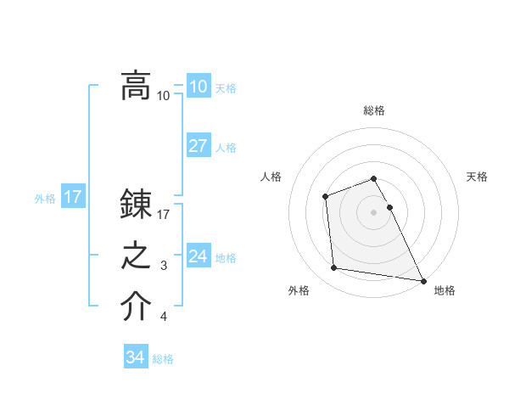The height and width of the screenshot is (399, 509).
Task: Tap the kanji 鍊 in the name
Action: pos(136,205)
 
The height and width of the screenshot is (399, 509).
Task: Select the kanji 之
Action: pos(136,256)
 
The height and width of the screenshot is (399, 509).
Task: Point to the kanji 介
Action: pos(136,307)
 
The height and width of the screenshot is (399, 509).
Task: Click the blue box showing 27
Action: pos(198,146)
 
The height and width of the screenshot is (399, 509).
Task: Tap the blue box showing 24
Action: pos(198,256)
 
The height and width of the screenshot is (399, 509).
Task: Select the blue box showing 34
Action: pos(135,358)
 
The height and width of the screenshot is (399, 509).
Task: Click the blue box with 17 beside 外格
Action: pos(73,198)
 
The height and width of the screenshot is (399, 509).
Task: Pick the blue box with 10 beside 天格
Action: pos(198,87)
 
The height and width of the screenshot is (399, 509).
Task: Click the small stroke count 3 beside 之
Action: pos(164,267)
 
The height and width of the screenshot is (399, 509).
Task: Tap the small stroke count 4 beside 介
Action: pos(164,318)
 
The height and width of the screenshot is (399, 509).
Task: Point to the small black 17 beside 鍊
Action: pos(164,215)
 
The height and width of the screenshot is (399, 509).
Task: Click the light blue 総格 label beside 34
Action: pos(163,359)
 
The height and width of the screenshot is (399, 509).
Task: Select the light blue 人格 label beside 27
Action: pos(226,148)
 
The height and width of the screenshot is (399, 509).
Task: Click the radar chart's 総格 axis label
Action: pos(373,111)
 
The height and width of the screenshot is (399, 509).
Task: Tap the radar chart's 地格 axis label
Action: pos(445,291)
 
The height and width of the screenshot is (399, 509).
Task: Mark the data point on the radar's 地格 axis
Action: pos(422,280)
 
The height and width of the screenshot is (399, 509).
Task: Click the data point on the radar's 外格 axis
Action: pos(335,268)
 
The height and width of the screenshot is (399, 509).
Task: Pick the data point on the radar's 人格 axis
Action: pos(325,197)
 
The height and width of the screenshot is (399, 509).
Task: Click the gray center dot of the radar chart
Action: pos(373,211)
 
